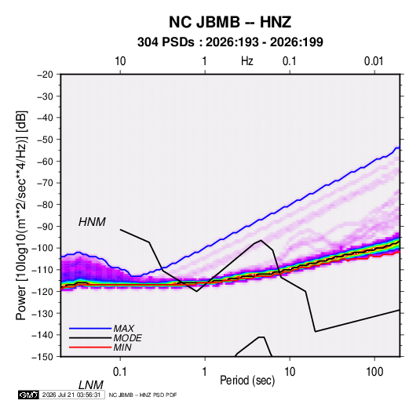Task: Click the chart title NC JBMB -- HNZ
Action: click(x=230, y=22)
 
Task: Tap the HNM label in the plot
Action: click(x=92, y=222)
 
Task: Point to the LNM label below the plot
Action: click(x=90, y=385)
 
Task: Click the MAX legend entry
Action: click(x=124, y=328)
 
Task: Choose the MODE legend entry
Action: click(x=127, y=338)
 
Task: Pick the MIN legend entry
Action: click(x=122, y=348)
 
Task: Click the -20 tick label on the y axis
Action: click(x=45, y=75)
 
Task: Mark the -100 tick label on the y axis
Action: click(x=42, y=248)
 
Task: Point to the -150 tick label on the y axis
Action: click(x=42, y=357)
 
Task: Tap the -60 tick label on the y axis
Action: click(x=45, y=161)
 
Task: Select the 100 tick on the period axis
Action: click(x=374, y=372)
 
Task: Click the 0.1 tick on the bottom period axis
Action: click(x=120, y=372)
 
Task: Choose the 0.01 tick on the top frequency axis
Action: click(x=374, y=61)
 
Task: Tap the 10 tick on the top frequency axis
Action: click(x=120, y=61)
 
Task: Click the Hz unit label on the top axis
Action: click(x=247, y=61)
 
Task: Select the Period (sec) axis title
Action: click(x=247, y=380)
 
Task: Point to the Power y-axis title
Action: click(x=21, y=216)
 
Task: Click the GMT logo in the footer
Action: click(x=28, y=395)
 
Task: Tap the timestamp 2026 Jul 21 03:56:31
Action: click(x=71, y=395)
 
